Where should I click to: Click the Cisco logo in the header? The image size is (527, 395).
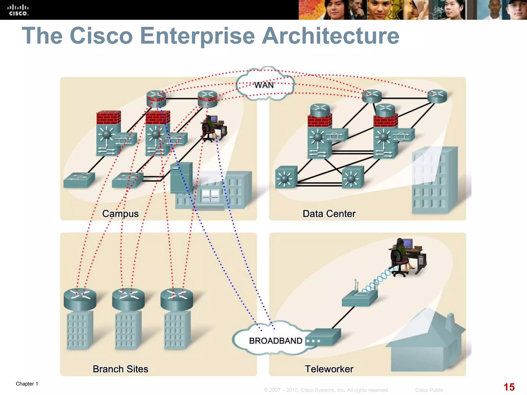[x=18, y=10]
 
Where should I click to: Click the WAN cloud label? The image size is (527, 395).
[x=264, y=85]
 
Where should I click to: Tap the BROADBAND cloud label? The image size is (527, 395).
[x=275, y=341]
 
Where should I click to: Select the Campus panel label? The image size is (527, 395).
[x=120, y=213]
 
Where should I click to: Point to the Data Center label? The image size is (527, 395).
[x=329, y=214]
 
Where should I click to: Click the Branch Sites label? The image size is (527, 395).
[x=120, y=369]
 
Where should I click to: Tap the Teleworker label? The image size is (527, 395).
[x=329, y=369]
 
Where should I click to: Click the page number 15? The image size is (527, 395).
[x=509, y=387]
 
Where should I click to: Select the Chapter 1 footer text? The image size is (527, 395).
[x=27, y=384]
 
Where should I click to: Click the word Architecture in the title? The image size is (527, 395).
[x=330, y=36]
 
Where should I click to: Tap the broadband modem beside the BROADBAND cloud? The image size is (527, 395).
[x=323, y=337]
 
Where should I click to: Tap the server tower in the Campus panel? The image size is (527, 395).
[x=181, y=177]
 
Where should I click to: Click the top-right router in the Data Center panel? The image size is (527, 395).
[x=437, y=96]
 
